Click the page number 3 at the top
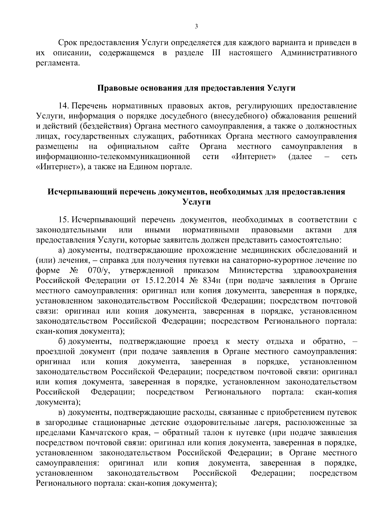pos(196,27)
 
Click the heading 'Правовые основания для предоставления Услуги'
pos(197,88)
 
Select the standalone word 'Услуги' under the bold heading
pos(196,202)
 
